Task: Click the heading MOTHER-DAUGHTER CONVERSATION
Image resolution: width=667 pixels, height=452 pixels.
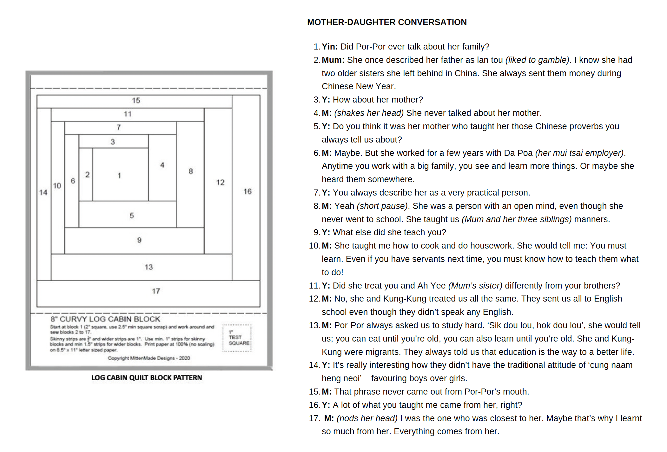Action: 386,22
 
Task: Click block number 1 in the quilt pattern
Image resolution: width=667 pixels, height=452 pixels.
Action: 120,175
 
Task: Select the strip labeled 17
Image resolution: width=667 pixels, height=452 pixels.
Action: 156,291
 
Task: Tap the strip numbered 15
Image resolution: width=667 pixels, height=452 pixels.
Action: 136,101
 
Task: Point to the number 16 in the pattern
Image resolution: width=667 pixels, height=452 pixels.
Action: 248,191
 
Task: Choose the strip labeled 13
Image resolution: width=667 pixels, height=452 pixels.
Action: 149,267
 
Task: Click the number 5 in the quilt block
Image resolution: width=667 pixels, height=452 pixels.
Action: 132,216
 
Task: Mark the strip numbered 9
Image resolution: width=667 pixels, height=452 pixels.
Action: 139,240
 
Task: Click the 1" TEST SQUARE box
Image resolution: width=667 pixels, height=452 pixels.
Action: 237,338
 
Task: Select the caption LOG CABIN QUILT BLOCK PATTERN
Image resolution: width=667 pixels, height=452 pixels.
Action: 147,378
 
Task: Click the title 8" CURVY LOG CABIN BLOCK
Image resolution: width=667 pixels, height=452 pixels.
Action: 105,319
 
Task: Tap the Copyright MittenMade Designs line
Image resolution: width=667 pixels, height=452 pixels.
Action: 149,358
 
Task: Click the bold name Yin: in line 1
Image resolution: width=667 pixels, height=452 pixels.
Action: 330,47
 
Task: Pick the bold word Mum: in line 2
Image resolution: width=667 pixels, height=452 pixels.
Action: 333,60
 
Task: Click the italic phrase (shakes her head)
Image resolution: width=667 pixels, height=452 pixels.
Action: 369,113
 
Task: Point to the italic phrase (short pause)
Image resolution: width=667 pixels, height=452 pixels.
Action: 382,206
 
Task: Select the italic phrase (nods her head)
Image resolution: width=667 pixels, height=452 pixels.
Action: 367,418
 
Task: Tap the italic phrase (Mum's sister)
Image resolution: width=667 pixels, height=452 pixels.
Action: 475,286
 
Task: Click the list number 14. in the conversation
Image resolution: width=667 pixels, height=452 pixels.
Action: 314,365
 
